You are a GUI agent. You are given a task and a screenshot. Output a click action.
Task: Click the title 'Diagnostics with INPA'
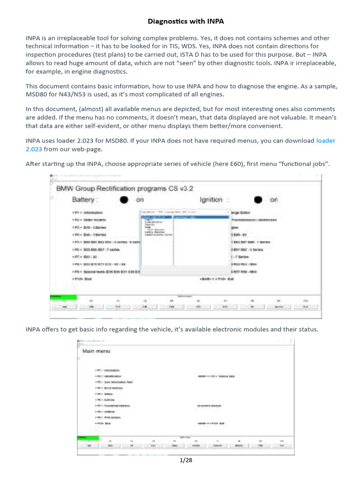tap(180, 21)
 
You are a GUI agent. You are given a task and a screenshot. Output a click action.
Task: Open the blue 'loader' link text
tap(326, 141)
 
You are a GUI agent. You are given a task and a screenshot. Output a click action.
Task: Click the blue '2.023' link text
tap(34, 149)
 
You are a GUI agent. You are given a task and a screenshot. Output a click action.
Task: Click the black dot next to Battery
tap(124, 200)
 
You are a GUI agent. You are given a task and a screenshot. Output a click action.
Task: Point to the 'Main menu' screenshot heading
tap(97, 351)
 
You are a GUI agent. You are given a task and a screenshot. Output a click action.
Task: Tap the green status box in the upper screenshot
tap(63, 296)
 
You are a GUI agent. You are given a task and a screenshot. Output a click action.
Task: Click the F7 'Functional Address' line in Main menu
tap(112, 405)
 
